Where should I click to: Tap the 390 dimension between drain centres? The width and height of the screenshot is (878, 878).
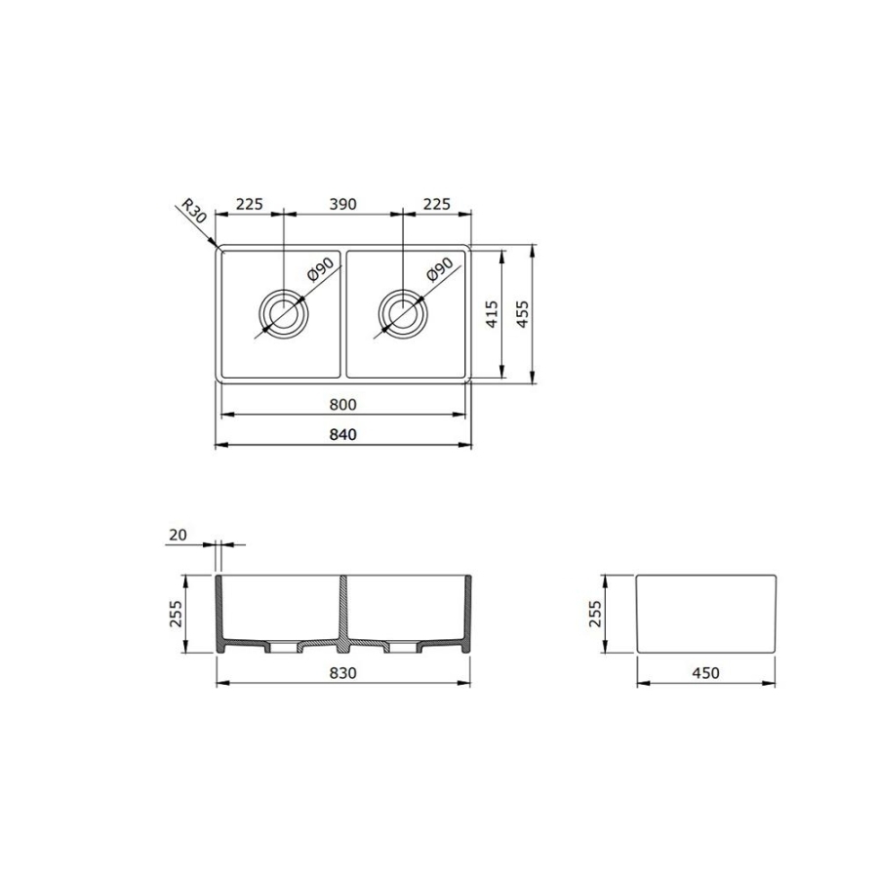(342, 205)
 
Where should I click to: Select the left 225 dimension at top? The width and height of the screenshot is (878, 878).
(249, 205)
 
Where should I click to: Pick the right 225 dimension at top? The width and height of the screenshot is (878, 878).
(437, 205)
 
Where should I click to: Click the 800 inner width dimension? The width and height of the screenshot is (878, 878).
(342, 404)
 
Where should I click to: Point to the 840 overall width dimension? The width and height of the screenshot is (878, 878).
(342, 434)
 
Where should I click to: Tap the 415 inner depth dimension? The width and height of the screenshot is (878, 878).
(491, 314)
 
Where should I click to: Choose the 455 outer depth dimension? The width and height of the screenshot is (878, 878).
(521, 314)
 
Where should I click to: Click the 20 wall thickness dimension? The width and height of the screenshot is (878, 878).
(178, 536)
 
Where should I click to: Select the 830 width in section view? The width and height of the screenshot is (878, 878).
(342, 673)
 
